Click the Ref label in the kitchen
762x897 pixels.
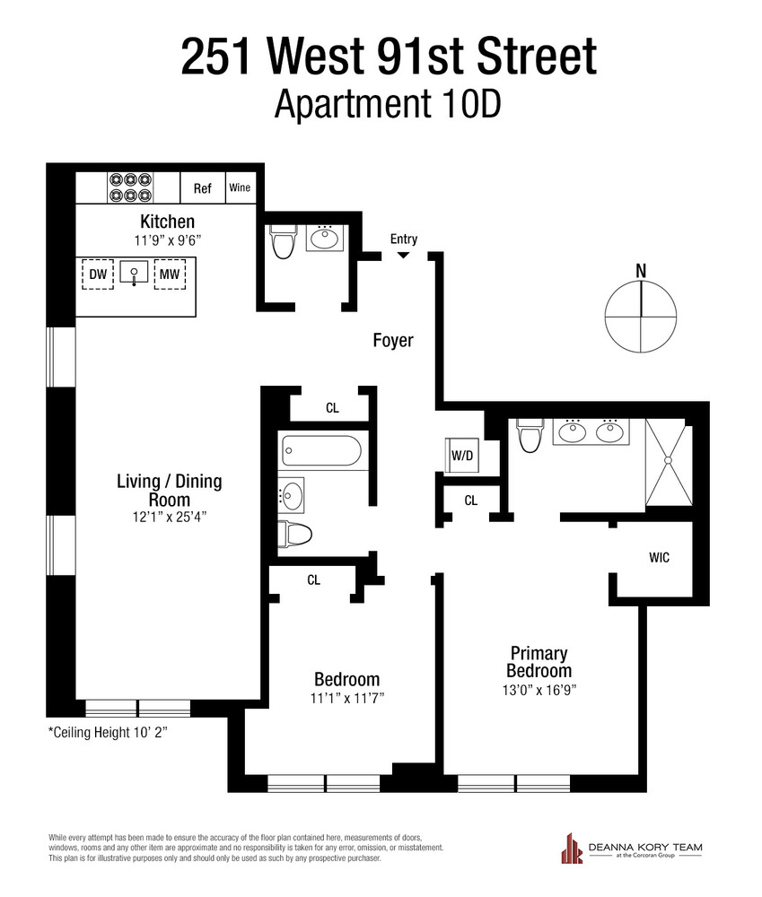click(202, 188)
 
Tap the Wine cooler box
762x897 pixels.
click(240, 187)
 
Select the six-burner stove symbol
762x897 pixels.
click(130, 187)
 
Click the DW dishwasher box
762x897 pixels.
click(98, 274)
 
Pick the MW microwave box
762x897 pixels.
click(170, 274)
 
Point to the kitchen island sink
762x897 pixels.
click(134, 273)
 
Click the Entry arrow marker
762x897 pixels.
click(403, 256)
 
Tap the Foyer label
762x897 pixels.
click(393, 340)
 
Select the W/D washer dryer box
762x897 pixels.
click(461, 455)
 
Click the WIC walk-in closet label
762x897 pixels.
click(659, 557)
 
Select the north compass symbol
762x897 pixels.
click(642, 316)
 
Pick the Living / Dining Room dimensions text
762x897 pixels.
click(169, 517)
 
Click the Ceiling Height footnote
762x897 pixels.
click(108, 732)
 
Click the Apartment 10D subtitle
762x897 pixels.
click(387, 103)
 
